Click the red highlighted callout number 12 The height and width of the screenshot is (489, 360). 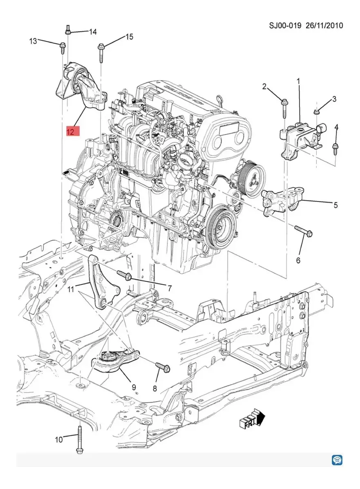click(70, 132)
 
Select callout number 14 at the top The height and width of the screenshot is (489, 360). click(93, 32)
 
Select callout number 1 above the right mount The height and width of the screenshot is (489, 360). click(298, 82)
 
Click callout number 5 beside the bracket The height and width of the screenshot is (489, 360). click(335, 205)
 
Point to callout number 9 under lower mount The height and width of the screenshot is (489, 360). click(134, 387)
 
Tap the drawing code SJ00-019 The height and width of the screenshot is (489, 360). click(285, 26)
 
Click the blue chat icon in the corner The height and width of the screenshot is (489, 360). click(337, 460)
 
